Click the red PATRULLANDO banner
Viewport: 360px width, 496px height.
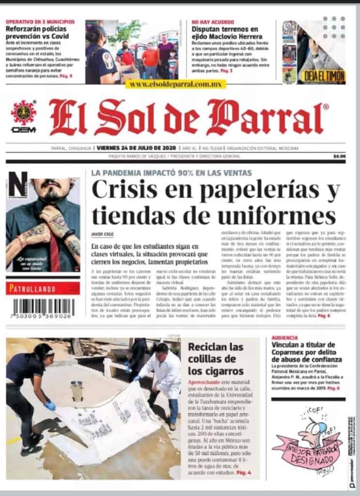pyautogui.click(x=43, y=289)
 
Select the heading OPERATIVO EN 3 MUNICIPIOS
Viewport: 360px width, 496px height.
pyautogui.click(x=40, y=22)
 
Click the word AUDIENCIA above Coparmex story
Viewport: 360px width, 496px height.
pyautogui.click(x=285, y=337)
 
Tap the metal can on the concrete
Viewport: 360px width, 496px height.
pyautogui.click(x=76, y=390)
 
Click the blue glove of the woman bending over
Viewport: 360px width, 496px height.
pyautogui.click(x=50, y=405)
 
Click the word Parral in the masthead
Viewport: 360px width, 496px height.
pyautogui.click(x=266, y=118)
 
